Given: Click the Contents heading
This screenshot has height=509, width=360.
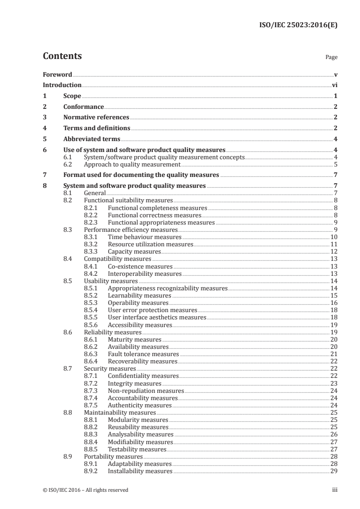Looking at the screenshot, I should (x=62, y=56).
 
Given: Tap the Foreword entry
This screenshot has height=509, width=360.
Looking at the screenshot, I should (x=57, y=74).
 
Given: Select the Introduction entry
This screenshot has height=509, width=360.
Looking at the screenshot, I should (x=62, y=85).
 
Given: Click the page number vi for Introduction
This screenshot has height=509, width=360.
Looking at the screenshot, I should (x=335, y=85).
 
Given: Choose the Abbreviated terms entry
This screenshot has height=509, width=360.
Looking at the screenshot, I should (x=91, y=139).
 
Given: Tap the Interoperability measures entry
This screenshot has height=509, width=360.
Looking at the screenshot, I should (x=144, y=274).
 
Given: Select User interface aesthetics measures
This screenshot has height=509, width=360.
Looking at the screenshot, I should (x=157, y=317).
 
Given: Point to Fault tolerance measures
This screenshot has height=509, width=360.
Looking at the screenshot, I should (x=143, y=354).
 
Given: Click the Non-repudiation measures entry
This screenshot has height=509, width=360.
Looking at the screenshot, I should (x=146, y=390).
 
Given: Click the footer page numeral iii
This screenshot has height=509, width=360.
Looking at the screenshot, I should (x=335, y=490).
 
